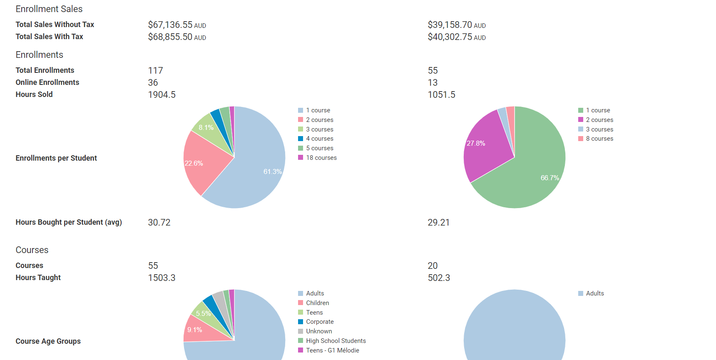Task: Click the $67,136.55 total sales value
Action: tap(170, 25)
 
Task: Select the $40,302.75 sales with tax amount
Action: tap(450, 37)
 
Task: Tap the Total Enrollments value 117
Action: tap(155, 71)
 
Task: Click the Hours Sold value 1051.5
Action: tap(441, 95)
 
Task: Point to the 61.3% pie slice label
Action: tap(272, 171)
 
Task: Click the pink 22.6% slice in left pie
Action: tap(204, 162)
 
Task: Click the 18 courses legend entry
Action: tap(321, 158)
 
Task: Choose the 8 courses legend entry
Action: tap(599, 139)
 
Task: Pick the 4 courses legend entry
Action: tap(319, 139)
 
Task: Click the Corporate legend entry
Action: tap(319, 322)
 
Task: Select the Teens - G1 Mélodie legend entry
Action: tap(332, 350)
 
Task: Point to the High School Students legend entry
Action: tap(336, 341)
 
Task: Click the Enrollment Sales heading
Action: tap(49, 9)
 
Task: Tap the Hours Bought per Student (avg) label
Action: tap(69, 222)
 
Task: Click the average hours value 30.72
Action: tap(159, 223)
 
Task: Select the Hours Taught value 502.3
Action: tap(439, 278)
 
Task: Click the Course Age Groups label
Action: tap(48, 341)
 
